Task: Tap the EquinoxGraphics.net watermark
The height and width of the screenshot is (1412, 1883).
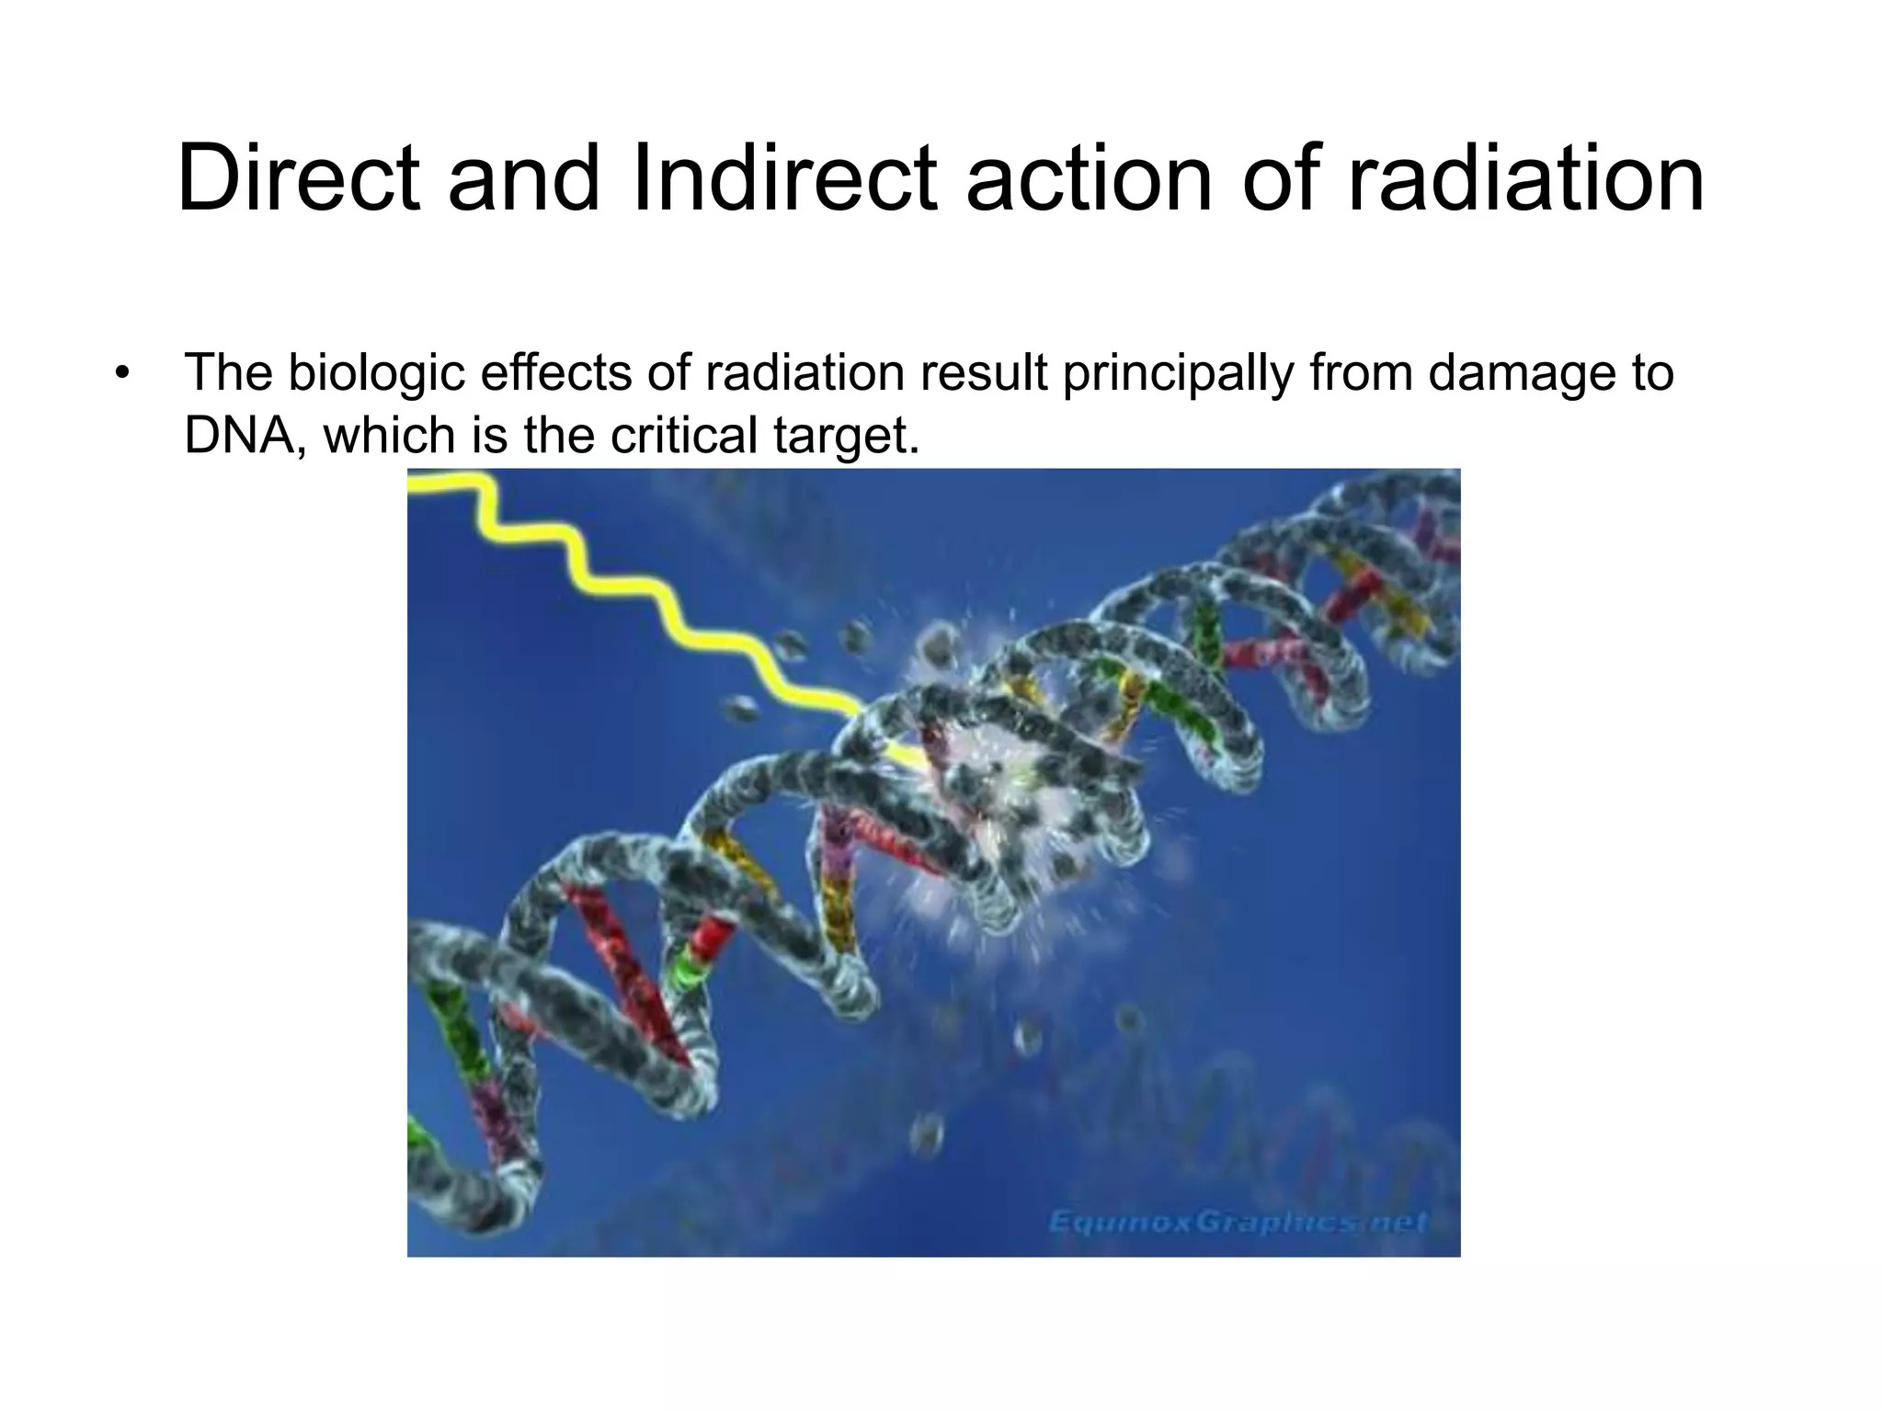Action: (1238, 1222)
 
